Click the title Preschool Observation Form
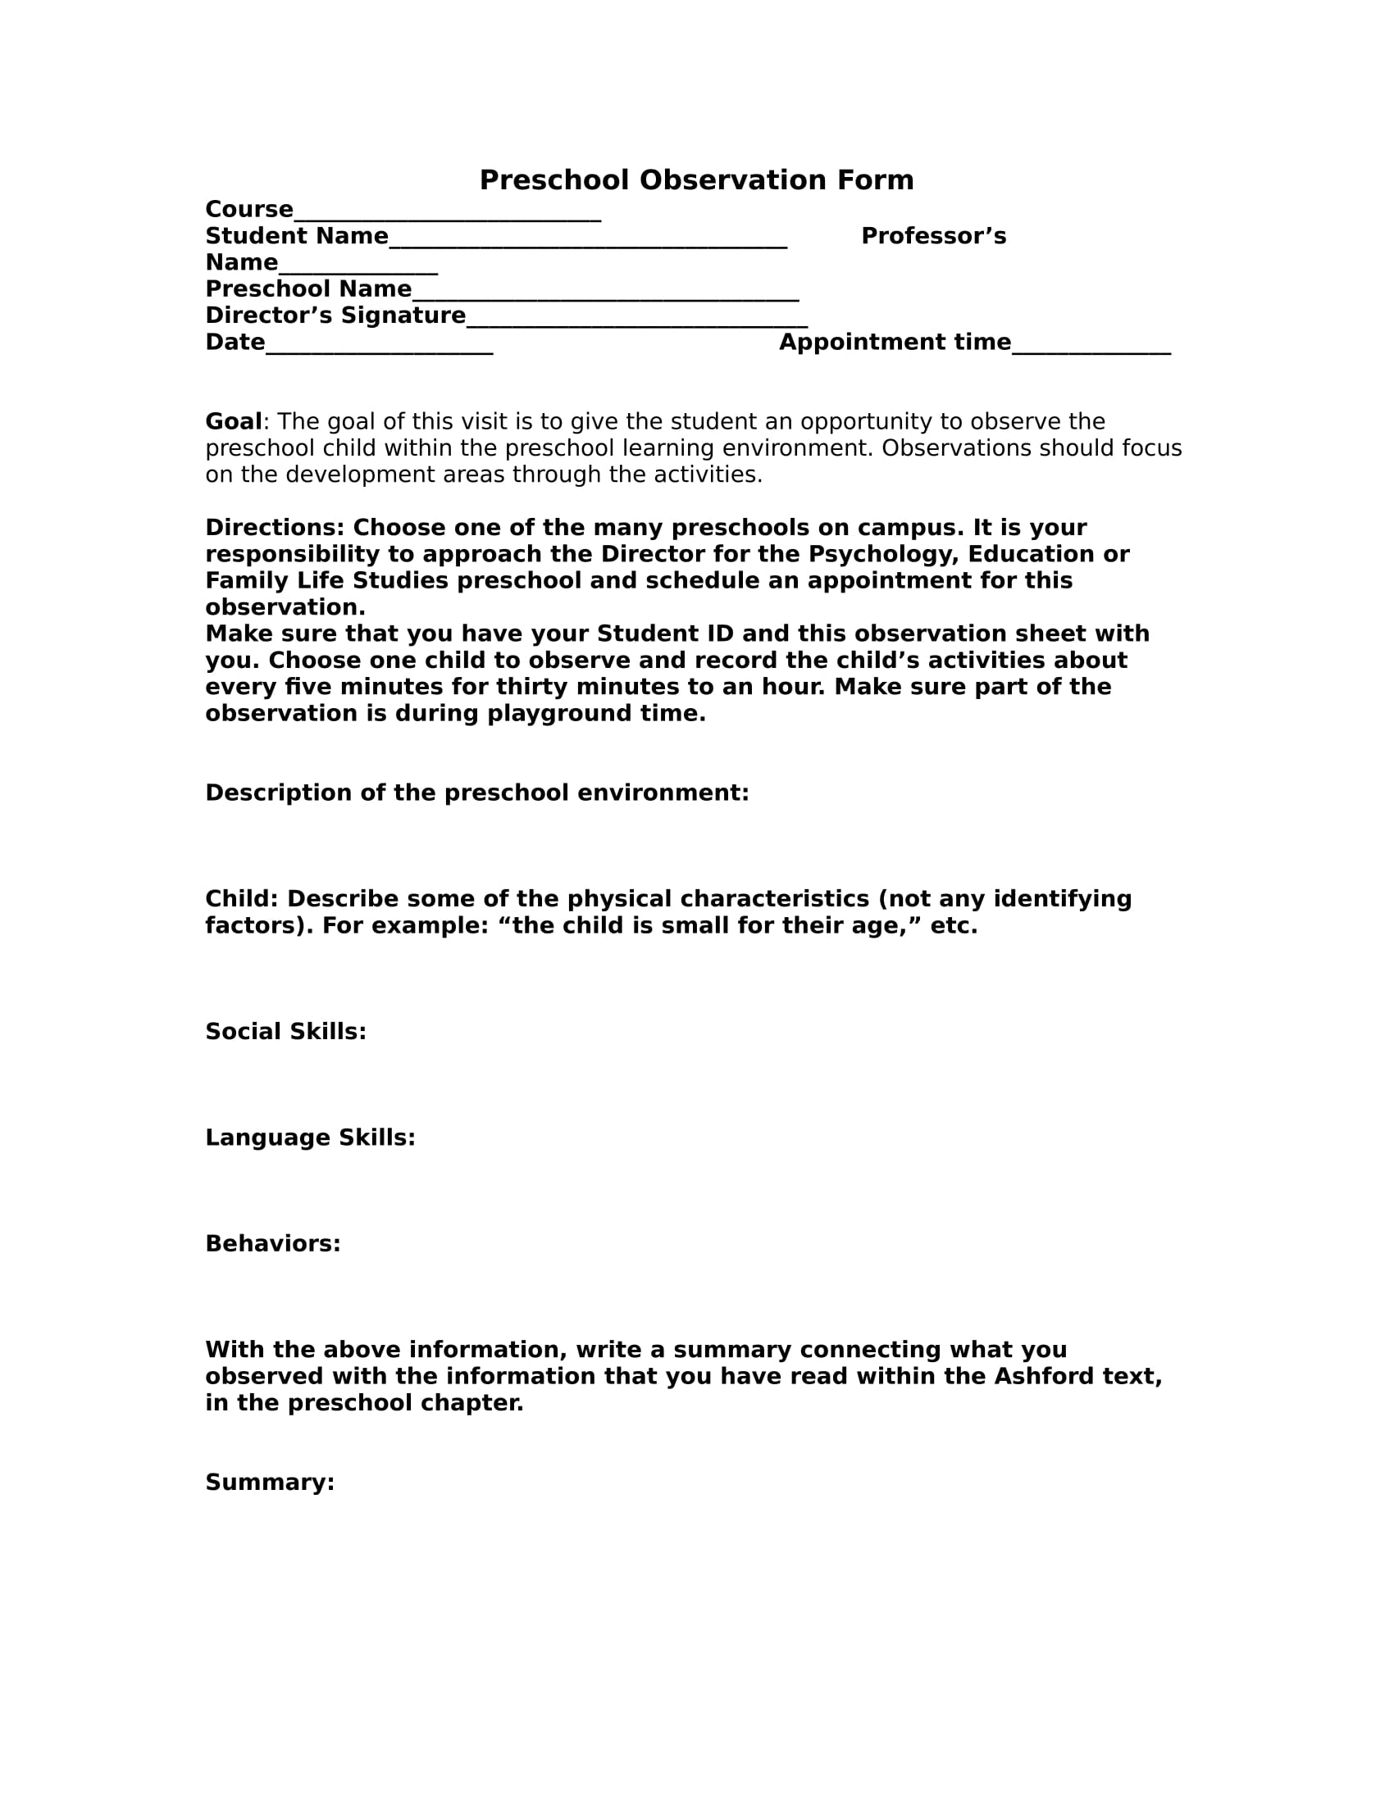[696, 180]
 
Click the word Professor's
[933, 236]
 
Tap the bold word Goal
[233, 422]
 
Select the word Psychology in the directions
[880, 554]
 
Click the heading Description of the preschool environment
[476, 793]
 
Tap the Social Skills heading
[285, 1031]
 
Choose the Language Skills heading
[310, 1138]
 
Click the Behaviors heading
[272, 1243]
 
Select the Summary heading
[269, 1482]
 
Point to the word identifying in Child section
[1062, 898]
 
